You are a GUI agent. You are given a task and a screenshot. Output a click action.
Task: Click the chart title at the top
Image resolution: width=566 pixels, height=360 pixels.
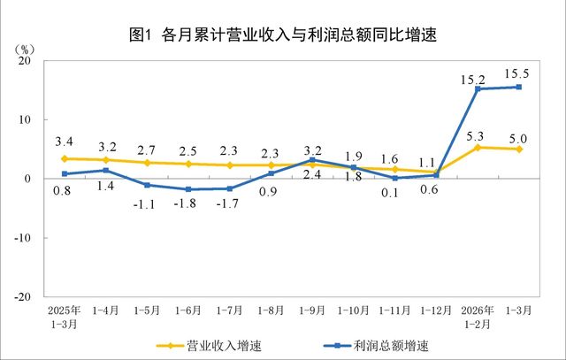[x=283, y=35]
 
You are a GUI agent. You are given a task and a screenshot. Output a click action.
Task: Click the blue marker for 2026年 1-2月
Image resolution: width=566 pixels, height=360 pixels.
[x=478, y=89]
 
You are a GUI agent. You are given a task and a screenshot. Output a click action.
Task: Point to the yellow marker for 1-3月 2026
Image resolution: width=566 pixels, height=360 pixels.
[x=518, y=149]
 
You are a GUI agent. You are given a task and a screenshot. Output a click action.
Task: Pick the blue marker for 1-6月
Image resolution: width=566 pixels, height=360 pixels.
[x=188, y=189]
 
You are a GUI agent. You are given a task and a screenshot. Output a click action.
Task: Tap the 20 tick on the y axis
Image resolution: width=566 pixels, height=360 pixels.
[x=24, y=61]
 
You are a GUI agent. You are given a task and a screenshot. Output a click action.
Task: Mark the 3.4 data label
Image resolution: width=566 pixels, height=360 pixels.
[x=65, y=141]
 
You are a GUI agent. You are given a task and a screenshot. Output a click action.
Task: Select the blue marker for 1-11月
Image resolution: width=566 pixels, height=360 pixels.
[x=394, y=178]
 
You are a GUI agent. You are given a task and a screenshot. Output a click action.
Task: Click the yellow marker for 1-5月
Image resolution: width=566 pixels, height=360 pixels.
[x=147, y=163]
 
